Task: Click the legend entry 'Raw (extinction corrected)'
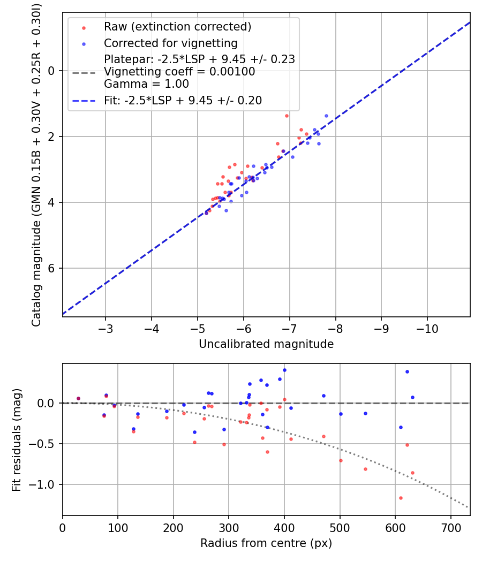177,27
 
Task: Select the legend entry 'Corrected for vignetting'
170,43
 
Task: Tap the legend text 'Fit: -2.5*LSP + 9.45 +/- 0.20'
183,100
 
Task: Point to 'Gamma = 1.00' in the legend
146,83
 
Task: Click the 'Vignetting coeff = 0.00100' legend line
179,71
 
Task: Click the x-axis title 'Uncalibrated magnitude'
266,344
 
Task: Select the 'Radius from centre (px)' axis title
266,543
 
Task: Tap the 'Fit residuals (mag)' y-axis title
17,439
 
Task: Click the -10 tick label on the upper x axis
427,328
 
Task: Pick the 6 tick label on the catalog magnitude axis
52,268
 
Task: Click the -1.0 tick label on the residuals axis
47,484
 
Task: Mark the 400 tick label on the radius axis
284,527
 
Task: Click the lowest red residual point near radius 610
401,498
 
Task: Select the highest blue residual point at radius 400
284,370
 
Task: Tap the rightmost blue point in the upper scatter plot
326,116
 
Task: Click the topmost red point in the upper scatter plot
287,116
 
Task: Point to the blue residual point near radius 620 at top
407,371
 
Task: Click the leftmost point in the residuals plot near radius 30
78,398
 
